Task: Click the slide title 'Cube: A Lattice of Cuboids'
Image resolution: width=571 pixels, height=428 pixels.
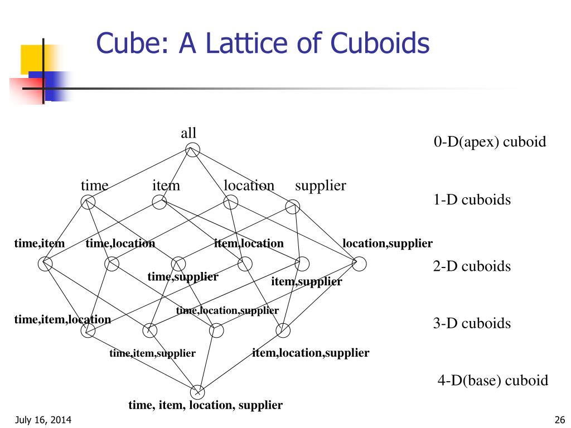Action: click(263, 43)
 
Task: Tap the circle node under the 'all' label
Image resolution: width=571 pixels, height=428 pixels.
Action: click(192, 149)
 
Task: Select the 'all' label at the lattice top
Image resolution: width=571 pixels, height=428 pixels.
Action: click(188, 133)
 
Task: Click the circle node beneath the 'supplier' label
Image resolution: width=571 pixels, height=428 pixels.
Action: click(293, 207)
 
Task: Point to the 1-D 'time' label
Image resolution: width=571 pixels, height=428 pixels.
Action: click(94, 186)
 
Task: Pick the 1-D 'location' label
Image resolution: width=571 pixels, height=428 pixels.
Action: click(249, 186)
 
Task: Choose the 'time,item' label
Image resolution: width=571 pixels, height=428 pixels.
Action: click(40, 244)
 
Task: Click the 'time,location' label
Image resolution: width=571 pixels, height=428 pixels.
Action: click(120, 244)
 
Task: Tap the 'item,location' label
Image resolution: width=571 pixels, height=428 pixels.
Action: click(249, 244)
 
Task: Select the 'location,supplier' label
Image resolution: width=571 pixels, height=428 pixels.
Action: click(388, 244)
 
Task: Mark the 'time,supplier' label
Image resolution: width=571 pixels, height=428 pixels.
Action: click(182, 276)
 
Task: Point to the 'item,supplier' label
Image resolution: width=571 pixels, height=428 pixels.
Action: click(306, 282)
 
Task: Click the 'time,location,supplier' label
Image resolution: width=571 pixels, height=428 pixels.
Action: click(227, 311)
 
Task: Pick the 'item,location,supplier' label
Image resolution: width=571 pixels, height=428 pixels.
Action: click(311, 353)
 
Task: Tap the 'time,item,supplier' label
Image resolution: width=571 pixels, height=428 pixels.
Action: click(152, 353)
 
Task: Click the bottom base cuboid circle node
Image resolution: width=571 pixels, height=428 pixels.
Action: click(198, 392)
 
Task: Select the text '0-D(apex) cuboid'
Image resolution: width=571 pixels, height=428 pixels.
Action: click(490, 142)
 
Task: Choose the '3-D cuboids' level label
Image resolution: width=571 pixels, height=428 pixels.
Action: click(472, 323)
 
